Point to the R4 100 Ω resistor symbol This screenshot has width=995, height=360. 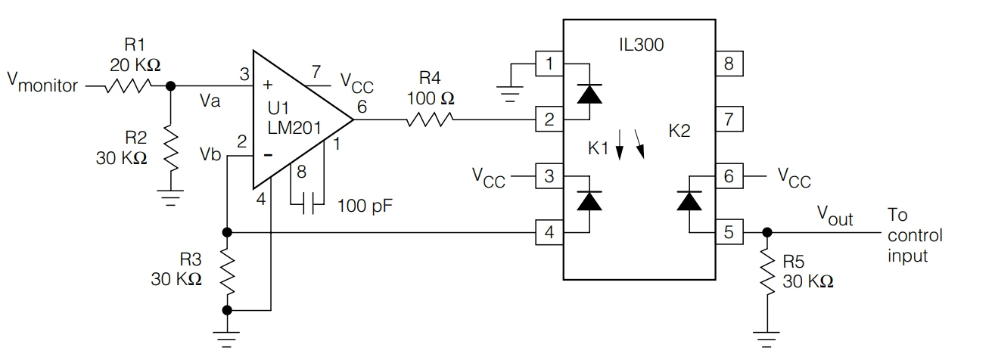tap(429, 119)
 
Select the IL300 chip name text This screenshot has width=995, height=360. tap(640, 45)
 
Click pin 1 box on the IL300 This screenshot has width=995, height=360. tap(549, 64)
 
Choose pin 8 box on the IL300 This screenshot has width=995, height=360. tap(729, 64)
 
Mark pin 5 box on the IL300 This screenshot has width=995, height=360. tap(729, 232)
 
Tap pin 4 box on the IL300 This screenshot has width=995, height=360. tap(549, 232)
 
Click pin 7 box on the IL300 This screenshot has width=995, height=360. tap(729, 119)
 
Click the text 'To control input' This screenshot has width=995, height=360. tap(915, 235)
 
